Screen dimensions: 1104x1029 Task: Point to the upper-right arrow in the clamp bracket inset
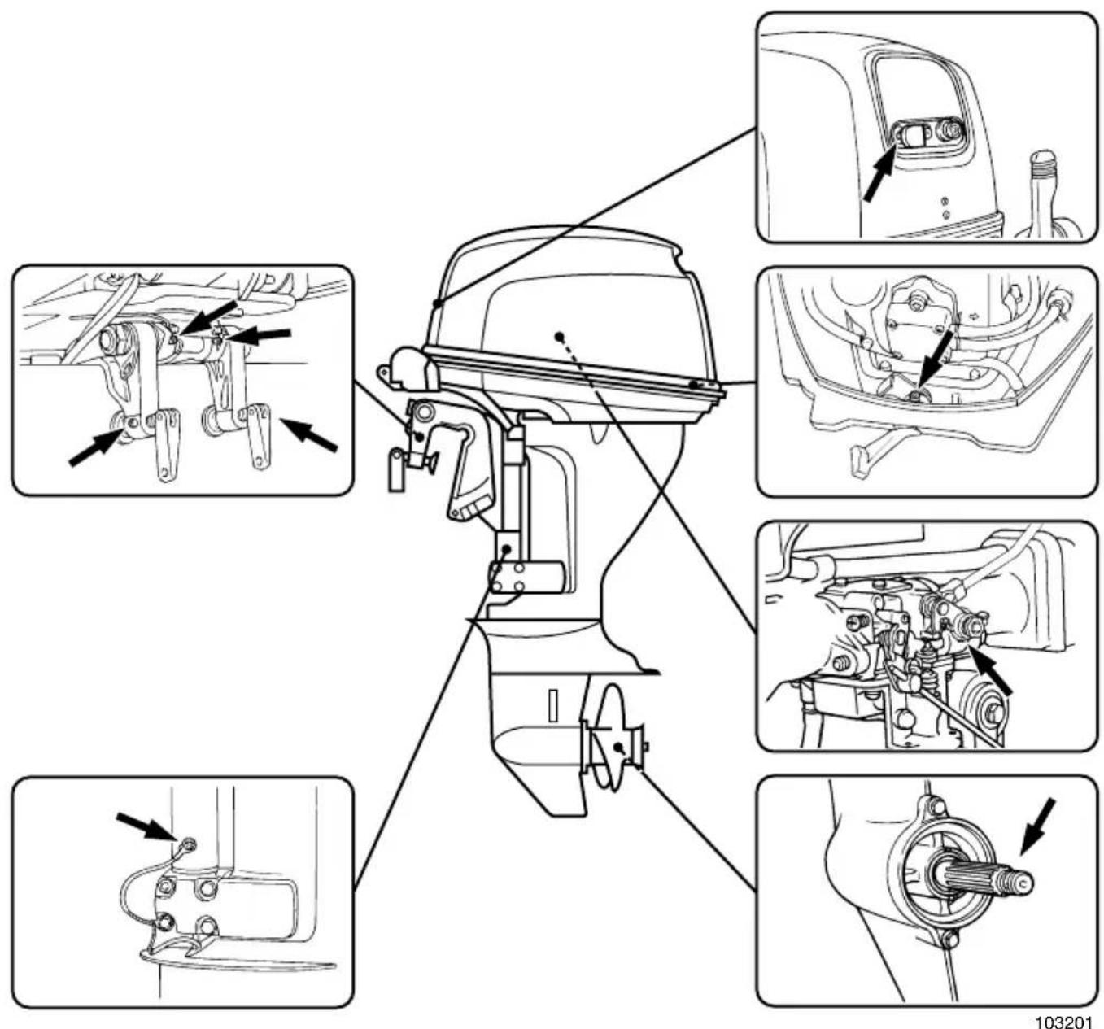coord(260,334)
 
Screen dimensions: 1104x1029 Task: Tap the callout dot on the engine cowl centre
coord(559,335)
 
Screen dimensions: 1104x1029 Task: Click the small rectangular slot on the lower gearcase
coord(552,705)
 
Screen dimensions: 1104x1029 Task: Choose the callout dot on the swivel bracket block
coord(506,549)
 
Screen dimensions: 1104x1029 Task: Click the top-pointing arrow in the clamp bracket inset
coord(207,318)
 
